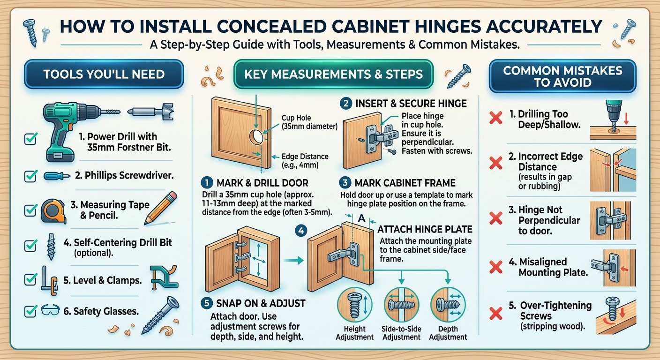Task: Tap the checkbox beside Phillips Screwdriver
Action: tap(30, 176)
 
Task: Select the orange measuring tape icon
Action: tap(53, 210)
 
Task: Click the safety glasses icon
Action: tap(50, 310)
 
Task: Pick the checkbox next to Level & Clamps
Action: tap(30, 279)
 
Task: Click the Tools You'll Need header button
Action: tap(104, 74)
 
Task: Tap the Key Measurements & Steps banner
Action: tap(333, 74)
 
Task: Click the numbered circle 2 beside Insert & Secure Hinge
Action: tap(345, 104)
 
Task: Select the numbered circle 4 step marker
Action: tap(301, 231)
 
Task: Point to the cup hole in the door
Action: tap(256, 137)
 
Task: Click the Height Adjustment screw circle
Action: tap(355, 305)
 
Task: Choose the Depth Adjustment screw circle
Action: tap(448, 305)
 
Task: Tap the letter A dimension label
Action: tap(361, 218)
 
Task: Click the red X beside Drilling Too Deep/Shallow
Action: tap(496, 118)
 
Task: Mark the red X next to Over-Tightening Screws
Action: tap(496, 314)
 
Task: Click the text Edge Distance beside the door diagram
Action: tap(305, 157)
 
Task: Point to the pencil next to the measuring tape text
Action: tap(161, 208)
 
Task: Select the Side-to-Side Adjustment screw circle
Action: tap(401, 305)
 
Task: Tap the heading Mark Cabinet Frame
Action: tap(405, 183)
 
